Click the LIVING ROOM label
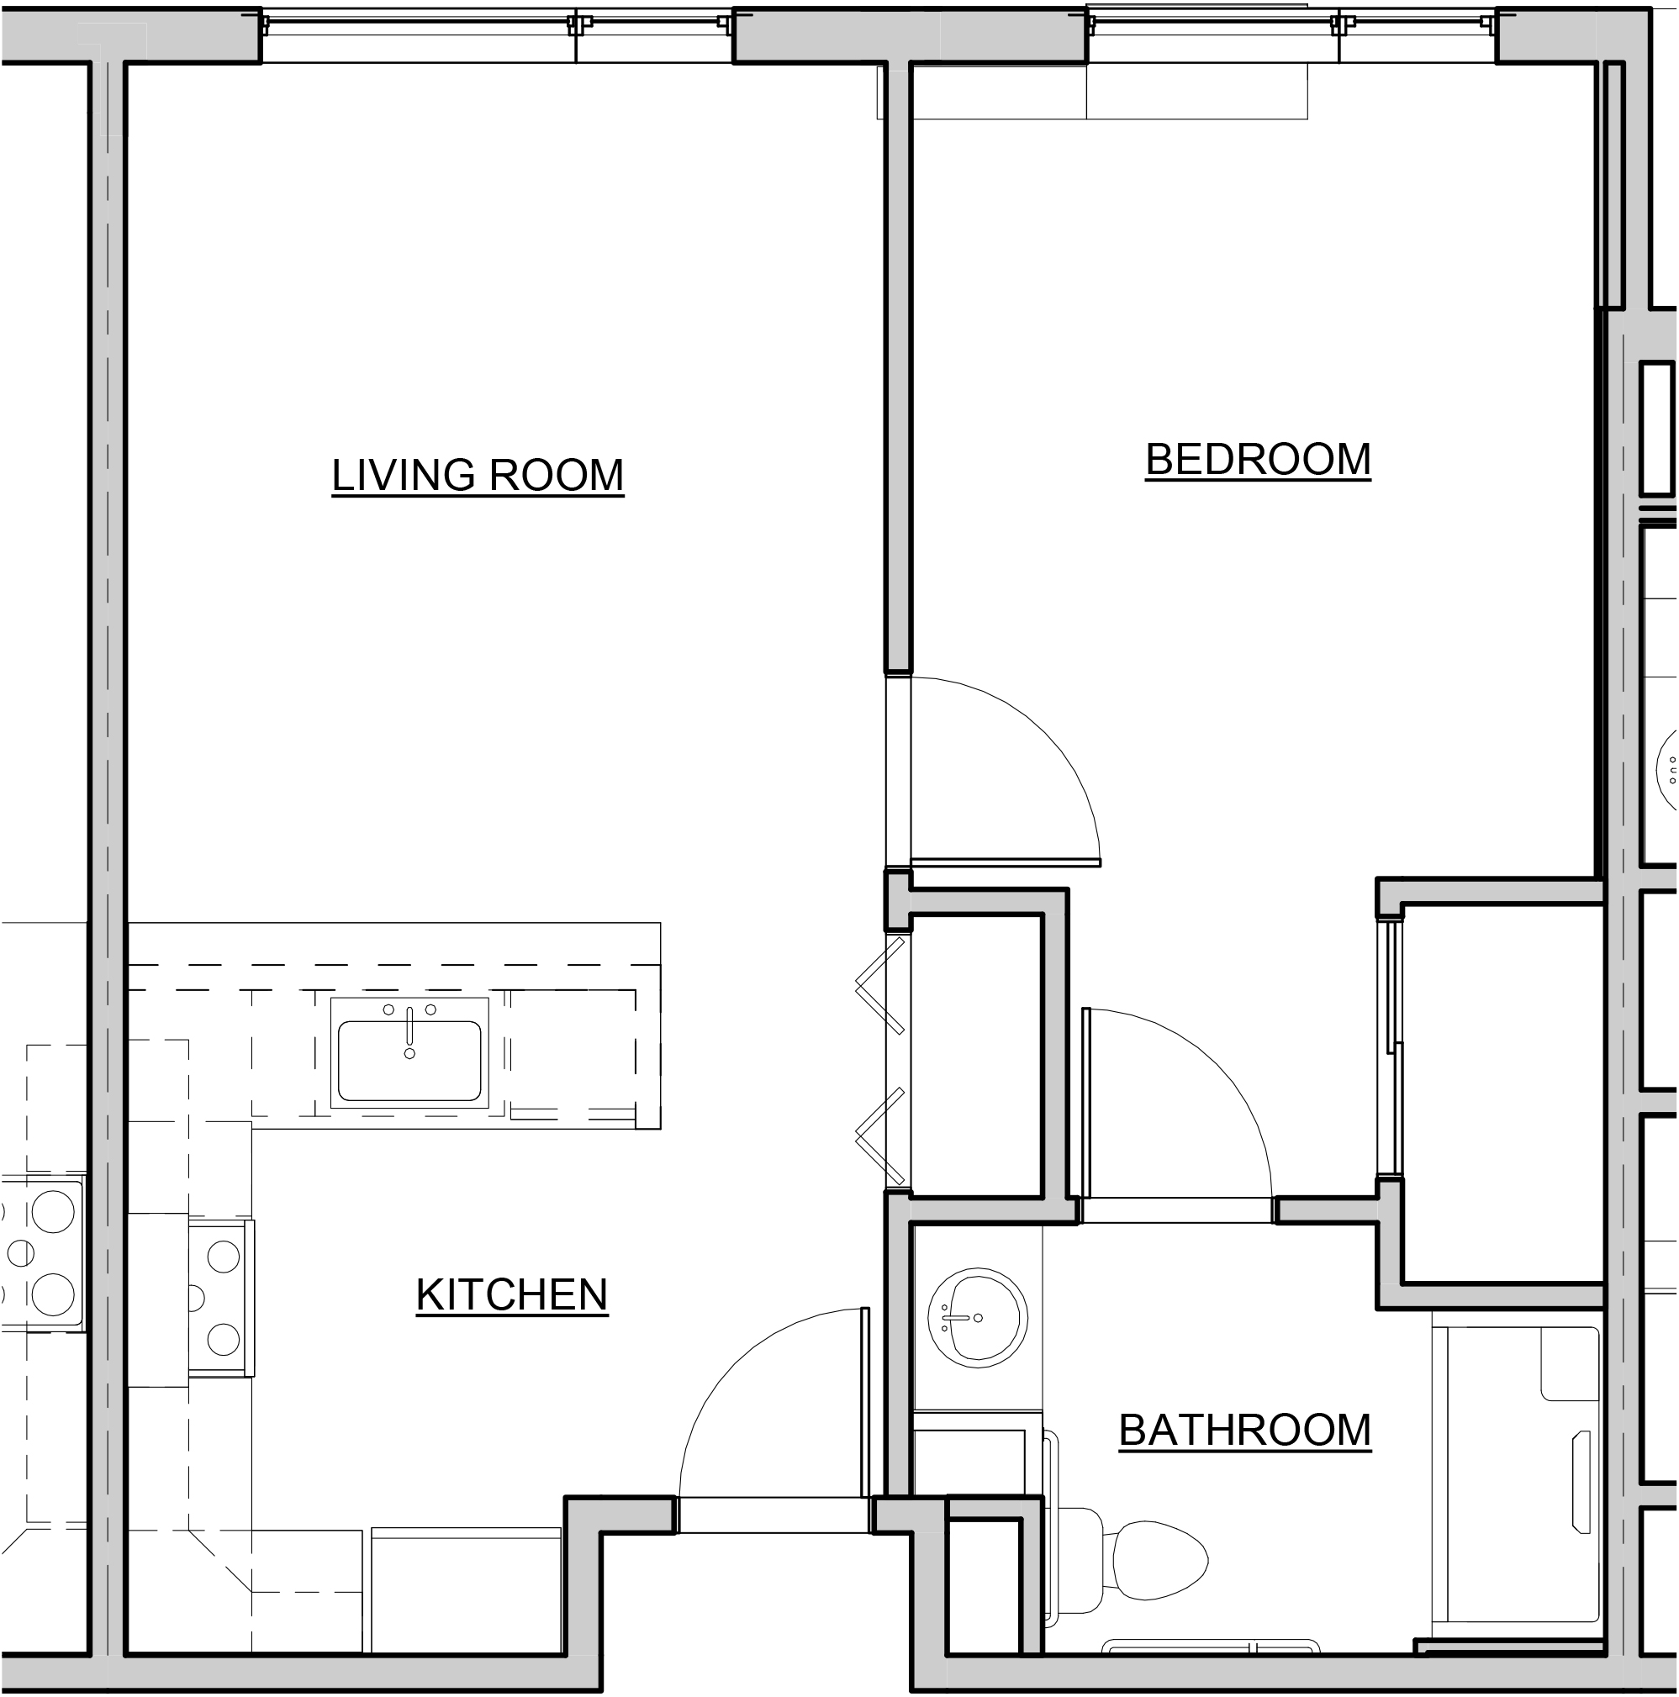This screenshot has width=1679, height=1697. pos(477,475)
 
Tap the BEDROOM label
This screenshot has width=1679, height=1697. pos(1257,460)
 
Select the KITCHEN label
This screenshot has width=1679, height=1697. pos(511,1294)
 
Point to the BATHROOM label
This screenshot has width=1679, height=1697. pos(1244,1431)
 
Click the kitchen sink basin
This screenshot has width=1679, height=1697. pos(409,1060)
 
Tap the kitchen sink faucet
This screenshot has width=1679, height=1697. pos(409,1028)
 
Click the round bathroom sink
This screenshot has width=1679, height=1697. pos(977,1318)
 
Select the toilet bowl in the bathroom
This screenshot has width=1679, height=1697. pos(1159,1561)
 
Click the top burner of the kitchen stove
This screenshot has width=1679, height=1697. pos(224,1257)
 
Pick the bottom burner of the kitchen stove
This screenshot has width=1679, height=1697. pos(224,1340)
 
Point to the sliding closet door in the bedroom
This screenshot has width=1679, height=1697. pos(1391,1046)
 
